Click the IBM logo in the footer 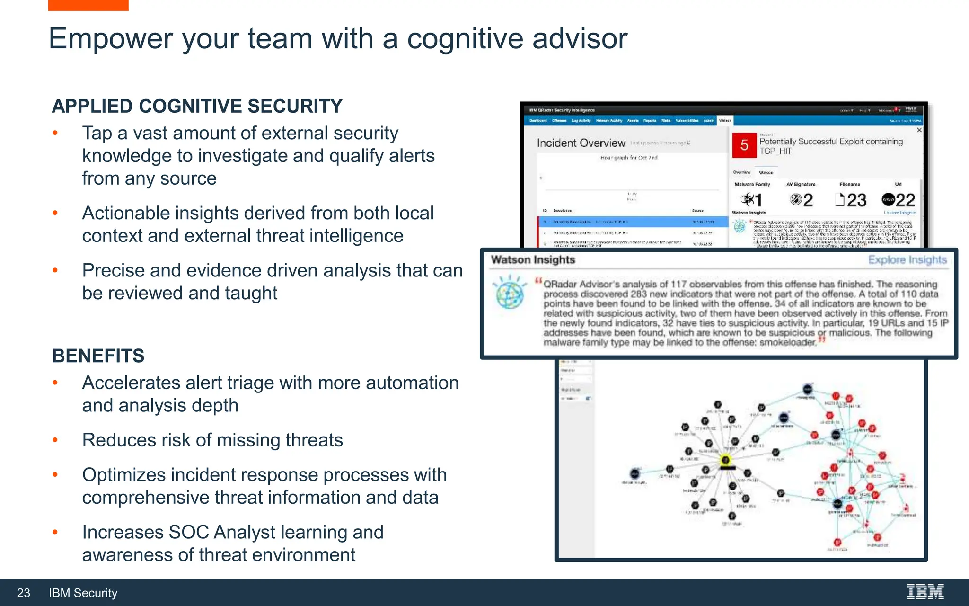click(925, 592)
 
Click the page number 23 click(24, 593)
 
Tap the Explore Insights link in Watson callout click(907, 260)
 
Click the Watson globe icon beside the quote click(510, 292)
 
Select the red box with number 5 click(744, 145)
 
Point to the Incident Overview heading click(581, 143)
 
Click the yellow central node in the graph click(725, 460)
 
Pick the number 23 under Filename click(856, 200)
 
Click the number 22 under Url click(905, 200)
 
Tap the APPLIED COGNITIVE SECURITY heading click(197, 106)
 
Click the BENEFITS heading click(98, 356)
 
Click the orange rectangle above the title click(88, 5)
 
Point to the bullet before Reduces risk click(55, 440)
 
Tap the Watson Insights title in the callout click(533, 260)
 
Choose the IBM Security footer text click(83, 593)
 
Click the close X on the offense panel click(919, 130)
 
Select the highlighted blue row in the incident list click(633, 222)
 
